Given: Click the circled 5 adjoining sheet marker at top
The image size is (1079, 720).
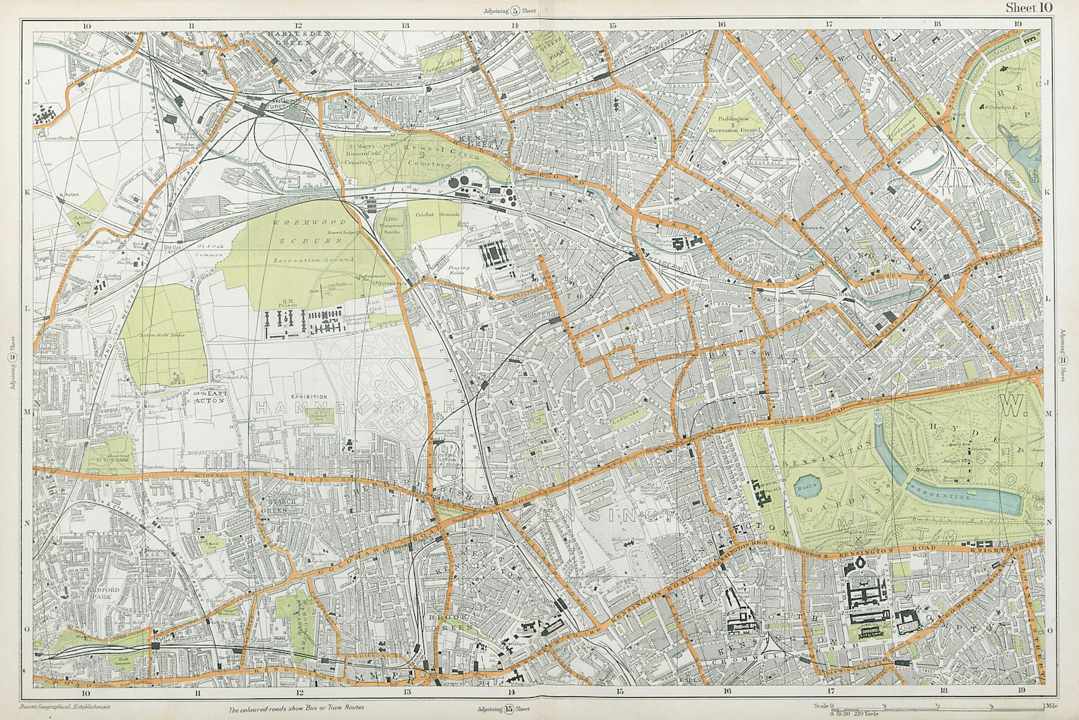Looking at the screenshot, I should tap(515, 10).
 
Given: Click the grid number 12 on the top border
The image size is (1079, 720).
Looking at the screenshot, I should tap(299, 25).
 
